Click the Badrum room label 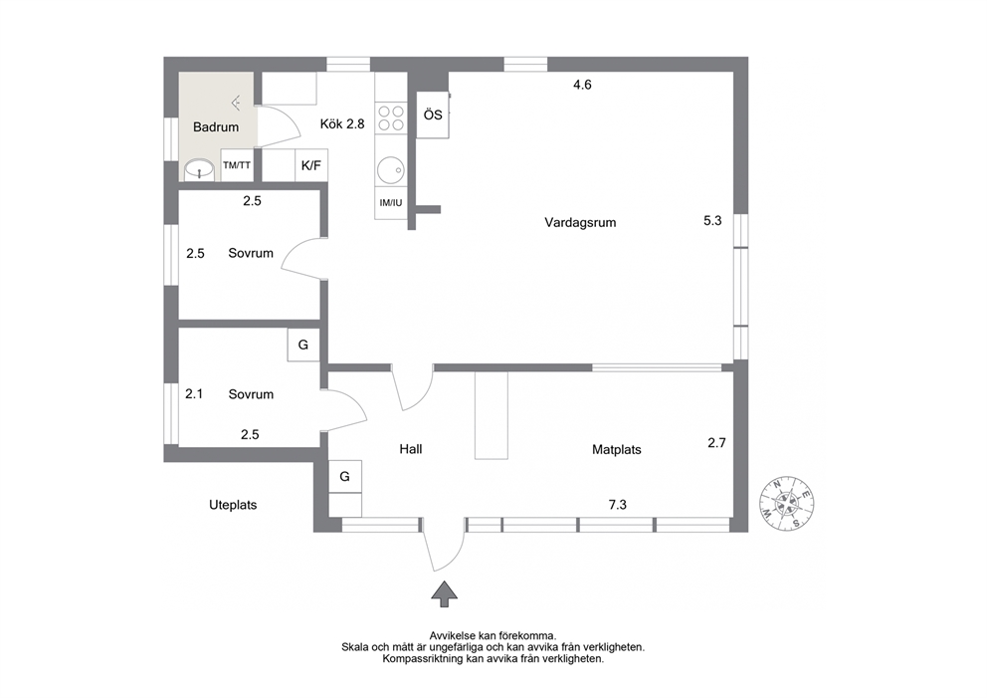(x=216, y=127)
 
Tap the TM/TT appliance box (x=237, y=165)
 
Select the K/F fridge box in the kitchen (x=311, y=165)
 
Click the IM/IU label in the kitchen (x=391, y=203)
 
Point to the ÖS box (x=433, y=115)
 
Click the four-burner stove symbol (x=391, y=118)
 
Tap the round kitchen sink (x=391, y=169)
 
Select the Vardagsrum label (x=580, y=222)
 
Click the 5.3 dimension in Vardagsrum (x=712, y=220)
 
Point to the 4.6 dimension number (x=582, y=85)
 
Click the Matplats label (x=617, y=450)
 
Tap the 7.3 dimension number (x=618, y=505)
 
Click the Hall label (x=410, y=449)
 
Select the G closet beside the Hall (x=345, y=476)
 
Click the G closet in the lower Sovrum (x=303, y=345)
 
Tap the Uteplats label (x=233, y=505)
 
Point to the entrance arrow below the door (x=445, y=594)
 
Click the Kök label (x=331, y=124)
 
